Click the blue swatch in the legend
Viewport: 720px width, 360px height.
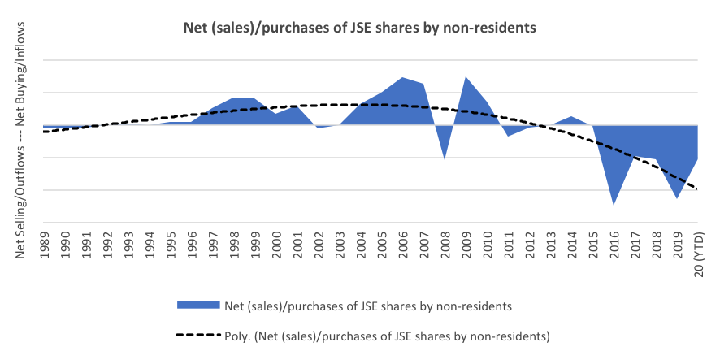pyautogui.click(x=198, y=305)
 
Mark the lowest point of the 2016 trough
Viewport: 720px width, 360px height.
pyautogui.click(x=614, y=204)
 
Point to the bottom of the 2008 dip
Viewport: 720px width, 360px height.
pyautogui.click(x=445, y=158)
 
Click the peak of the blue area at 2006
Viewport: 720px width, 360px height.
pyautogui.click(x=402, y=77)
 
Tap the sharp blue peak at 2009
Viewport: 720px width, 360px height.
pyautogui.click(x=466, y=77)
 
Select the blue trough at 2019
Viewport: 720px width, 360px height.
pyautogui.click(x=677, y=197)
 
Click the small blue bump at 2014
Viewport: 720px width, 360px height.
pyautogui.click(x=571, y=117)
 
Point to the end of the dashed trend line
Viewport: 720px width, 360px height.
pyautogui.click(x=698, y=189)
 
